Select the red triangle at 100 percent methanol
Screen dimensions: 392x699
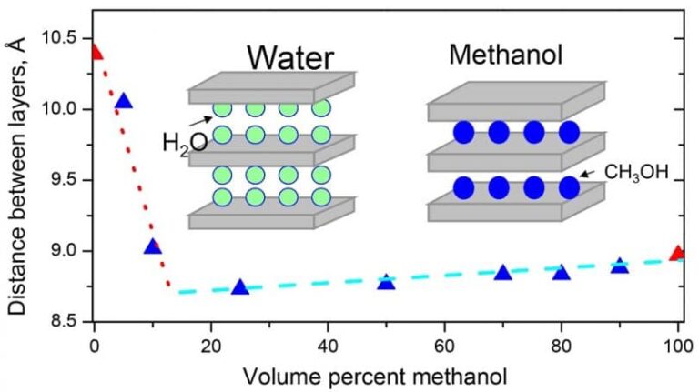click(677, 253)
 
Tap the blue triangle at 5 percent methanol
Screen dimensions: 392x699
click(124, 101)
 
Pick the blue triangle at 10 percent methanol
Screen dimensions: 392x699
click(152, 246)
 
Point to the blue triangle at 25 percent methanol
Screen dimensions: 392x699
click(240, 287)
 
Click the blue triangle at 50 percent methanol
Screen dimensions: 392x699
click(386, 282)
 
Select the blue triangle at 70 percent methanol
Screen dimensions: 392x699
click(502, 273)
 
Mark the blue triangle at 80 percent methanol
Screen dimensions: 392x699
click(561, 273)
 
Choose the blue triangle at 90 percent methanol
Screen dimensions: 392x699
click(619, 266)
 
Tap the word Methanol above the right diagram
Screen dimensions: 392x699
click(505, 55)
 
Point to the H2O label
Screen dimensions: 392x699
click(185, 143)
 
